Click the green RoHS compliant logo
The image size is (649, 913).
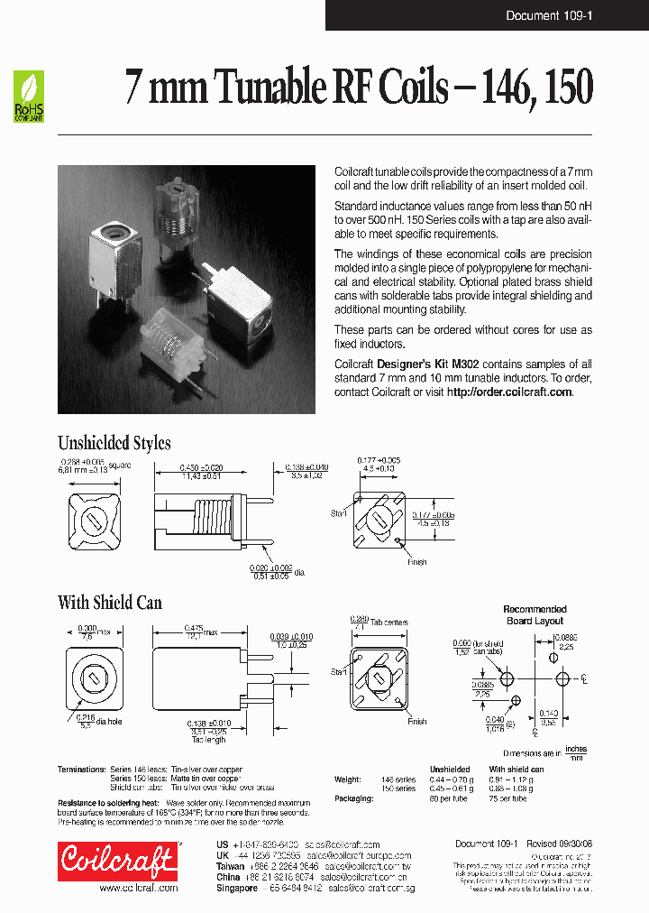(x=29, y=97)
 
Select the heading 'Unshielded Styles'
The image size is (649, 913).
(x=114, y=442)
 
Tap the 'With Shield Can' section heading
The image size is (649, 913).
(x=109, y=602)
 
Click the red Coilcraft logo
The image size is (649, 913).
(x=117, y=860)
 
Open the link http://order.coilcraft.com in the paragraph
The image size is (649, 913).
(x=509, y=392)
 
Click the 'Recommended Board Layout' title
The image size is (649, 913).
(x=535, y=614)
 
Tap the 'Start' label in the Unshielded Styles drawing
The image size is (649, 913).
(x=339, y=512)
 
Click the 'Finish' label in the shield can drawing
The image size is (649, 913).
(x=416, y=722)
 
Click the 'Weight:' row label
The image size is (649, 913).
(x=347, y=779)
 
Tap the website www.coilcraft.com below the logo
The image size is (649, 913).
(x=138, y=888)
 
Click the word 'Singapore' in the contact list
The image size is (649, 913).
(x=239, y=888)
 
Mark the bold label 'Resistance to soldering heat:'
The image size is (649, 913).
(x=108, y=802)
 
